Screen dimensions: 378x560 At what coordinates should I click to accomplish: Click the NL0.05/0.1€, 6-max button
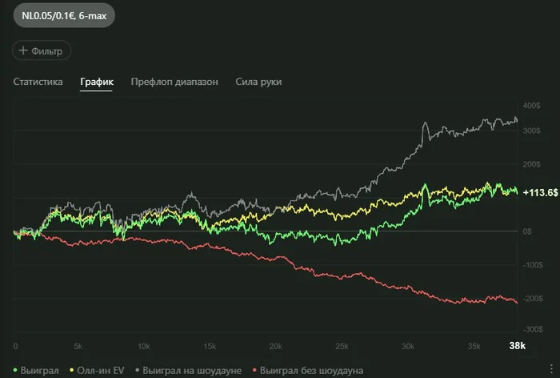coord(58,16)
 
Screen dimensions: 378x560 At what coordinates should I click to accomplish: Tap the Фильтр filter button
coord(42,50)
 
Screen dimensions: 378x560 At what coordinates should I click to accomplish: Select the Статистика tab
coord(38,82)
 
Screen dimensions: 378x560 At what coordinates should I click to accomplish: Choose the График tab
coord(96,82)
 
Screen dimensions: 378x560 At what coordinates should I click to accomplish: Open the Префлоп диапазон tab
coord(174,82)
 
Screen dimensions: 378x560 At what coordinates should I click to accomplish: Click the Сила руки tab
coord(258,82)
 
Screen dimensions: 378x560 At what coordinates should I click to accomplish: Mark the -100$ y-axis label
coord(531,263)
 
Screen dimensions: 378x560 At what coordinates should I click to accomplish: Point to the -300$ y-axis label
coord(531,328)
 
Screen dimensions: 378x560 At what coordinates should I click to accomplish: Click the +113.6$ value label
coord(540,192)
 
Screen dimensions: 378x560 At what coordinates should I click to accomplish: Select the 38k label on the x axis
coord(518,346)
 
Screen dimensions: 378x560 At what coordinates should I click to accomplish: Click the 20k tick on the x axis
coord(276,346)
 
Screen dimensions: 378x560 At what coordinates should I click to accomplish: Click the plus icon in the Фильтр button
coord(22,50)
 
